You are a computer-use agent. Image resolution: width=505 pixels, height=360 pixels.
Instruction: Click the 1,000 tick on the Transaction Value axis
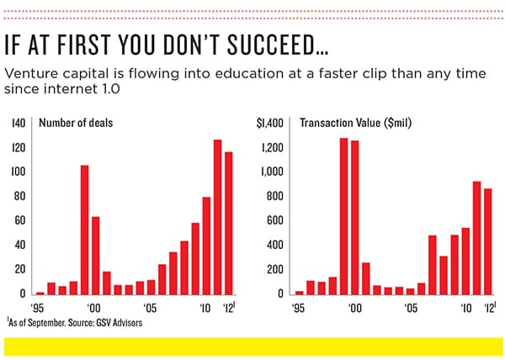[276, 172]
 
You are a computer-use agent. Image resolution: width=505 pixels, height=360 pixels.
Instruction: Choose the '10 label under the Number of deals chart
[205, 309]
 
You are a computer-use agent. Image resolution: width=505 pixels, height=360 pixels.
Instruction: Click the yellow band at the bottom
[252, 346]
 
